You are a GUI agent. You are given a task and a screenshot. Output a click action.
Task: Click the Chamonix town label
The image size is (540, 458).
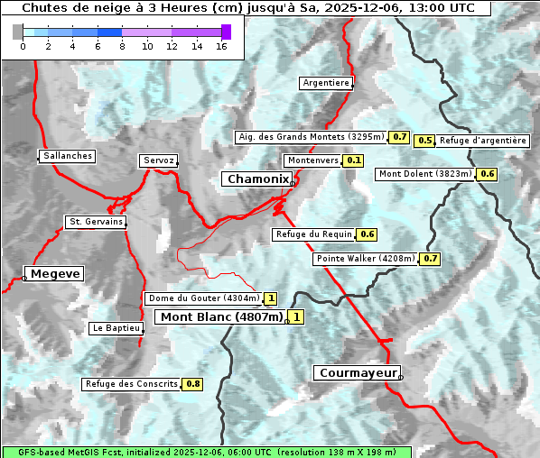click(257, 179)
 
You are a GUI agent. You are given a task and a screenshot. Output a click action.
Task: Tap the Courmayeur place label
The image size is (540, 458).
click(357, 372)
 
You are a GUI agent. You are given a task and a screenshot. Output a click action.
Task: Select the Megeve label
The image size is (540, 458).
click(55, 273)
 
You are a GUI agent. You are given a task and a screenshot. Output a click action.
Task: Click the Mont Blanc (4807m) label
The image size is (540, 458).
click(221, 316)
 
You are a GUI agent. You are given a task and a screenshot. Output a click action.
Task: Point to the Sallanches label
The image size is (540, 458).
click(68, 156)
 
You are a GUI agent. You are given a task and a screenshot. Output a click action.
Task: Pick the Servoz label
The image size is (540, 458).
click(158, 160)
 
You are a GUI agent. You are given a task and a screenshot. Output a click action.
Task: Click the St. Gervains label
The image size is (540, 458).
click(95, 222)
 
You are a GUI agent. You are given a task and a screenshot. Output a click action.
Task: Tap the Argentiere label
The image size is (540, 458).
click(326, 83)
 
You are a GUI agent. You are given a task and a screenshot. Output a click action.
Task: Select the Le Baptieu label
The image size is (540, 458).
click(116, 329)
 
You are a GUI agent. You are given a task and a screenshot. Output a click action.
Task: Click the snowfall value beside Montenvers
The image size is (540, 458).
click(354, 160)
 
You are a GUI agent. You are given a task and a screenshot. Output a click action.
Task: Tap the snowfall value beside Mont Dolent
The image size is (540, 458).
click(488, 174)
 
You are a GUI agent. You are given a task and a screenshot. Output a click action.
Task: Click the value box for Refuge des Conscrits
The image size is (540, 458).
click(192, 384)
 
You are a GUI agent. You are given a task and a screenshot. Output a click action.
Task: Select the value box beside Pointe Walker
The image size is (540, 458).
click(430, 259)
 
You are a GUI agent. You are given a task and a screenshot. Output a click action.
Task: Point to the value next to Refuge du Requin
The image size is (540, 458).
click(367, 234)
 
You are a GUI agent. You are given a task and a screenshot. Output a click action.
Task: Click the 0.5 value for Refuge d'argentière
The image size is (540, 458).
click(424, 141)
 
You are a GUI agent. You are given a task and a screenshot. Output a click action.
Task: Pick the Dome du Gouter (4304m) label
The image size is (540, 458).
click(204, 298)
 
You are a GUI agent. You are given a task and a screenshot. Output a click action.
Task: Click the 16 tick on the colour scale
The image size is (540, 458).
click(220, 47)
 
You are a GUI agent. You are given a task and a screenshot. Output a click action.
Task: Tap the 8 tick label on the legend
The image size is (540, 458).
click(122, 47)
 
